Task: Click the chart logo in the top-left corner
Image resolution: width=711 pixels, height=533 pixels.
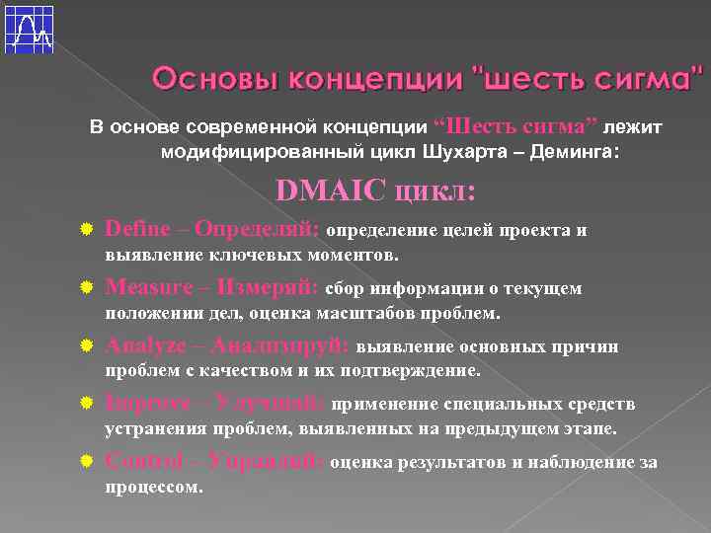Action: coord(30,30)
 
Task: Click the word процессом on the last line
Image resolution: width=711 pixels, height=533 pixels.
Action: coord(153,488)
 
